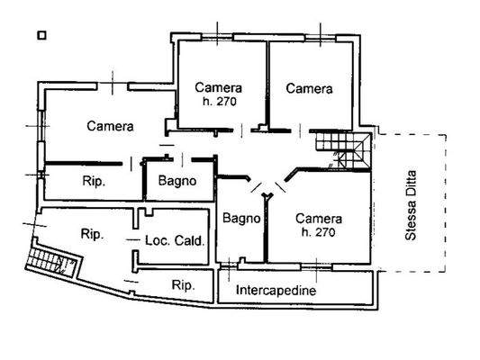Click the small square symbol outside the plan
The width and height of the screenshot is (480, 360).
41,36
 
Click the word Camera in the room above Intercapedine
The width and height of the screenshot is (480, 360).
318,219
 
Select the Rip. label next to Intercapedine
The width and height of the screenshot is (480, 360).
184,285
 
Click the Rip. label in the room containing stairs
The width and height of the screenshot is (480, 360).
91,234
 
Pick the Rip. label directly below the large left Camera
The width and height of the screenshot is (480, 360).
93,181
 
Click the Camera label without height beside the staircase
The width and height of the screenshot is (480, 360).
309,89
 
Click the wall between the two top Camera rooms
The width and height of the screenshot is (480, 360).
267,85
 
